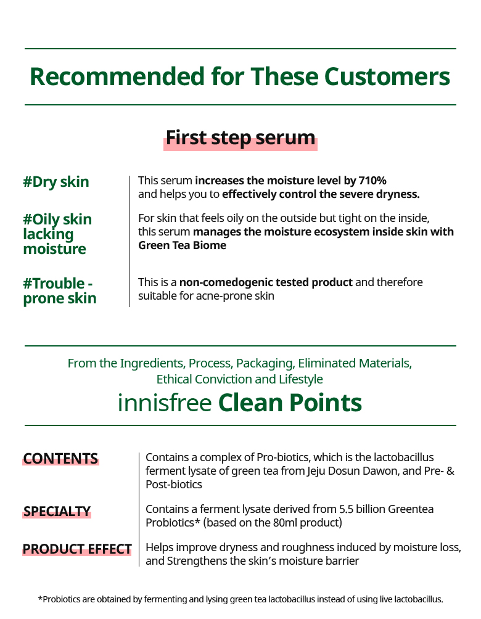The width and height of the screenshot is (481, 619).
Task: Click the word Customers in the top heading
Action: click(x=387, y=76)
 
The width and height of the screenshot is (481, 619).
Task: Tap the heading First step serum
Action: click(x=240, y=138)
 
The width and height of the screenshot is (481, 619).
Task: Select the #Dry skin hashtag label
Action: click(x=56, y=182)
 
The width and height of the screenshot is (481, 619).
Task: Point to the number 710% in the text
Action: click(x=372, y=181)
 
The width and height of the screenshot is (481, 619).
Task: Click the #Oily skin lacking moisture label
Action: click(x=57, y=234)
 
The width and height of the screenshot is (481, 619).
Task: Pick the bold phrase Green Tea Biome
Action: click(x=182, y=245)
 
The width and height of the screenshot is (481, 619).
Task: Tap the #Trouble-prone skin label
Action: click(x=60, y=291)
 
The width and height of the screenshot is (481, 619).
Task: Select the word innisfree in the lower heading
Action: click(x=165, y=403)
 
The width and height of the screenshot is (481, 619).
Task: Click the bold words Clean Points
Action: click(x=290, y=403)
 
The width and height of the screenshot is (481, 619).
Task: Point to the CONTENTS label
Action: click(x=60, y=459)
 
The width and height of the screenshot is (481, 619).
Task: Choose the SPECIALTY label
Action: click(x=57, y=512)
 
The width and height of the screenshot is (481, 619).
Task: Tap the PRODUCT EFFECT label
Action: click(x=77, y=549)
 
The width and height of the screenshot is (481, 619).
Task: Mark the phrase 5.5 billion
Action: click(x=362, y=509)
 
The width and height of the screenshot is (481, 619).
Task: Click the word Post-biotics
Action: click(x=174, y=485)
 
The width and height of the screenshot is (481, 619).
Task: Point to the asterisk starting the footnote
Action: click(x=40, y=599)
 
